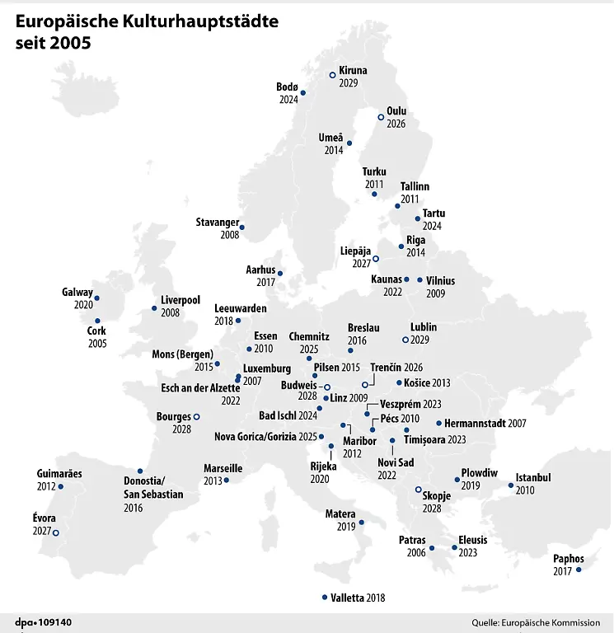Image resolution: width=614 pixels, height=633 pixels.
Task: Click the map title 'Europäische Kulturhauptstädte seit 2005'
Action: pyautogui.click(x=147, y=30)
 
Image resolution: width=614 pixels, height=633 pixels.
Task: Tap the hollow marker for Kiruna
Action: pyautogui.click(x=332, y=75)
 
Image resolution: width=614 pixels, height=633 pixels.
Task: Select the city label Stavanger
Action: pyautogui.click(x=218, y=223)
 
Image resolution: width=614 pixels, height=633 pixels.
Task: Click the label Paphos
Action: pyautogui.click(x=569, y=559)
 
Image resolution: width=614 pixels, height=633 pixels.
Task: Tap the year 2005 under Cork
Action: pyautogui.click(x=96, y=342)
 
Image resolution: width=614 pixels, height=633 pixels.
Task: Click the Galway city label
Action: pyautogui.click(x=77, y=293)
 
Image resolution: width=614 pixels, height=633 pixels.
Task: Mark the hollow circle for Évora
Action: pyautogui.click(x=56, y=532)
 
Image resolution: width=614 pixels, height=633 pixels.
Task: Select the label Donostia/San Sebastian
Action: pyautogui.click(x=153, y=488)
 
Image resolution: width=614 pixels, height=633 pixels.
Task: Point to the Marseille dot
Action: pyautogui.click(x=227, y=480)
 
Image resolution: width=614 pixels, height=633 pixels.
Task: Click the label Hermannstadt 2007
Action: pyautogui.click(x=490, y=423)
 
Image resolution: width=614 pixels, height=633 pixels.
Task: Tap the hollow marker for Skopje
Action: pyautogui.click(x=418, y=490)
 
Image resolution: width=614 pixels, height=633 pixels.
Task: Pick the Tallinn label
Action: pyautogui.click(x=415, y=187)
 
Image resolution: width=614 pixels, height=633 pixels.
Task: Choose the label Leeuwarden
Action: pyautogui.click(x=241, y=308)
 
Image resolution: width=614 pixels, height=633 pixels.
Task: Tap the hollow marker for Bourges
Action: pyautogui.click(x=196, y=417)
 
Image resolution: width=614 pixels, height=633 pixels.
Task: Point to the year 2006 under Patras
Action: pyautogui.click(x=416, y=553)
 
